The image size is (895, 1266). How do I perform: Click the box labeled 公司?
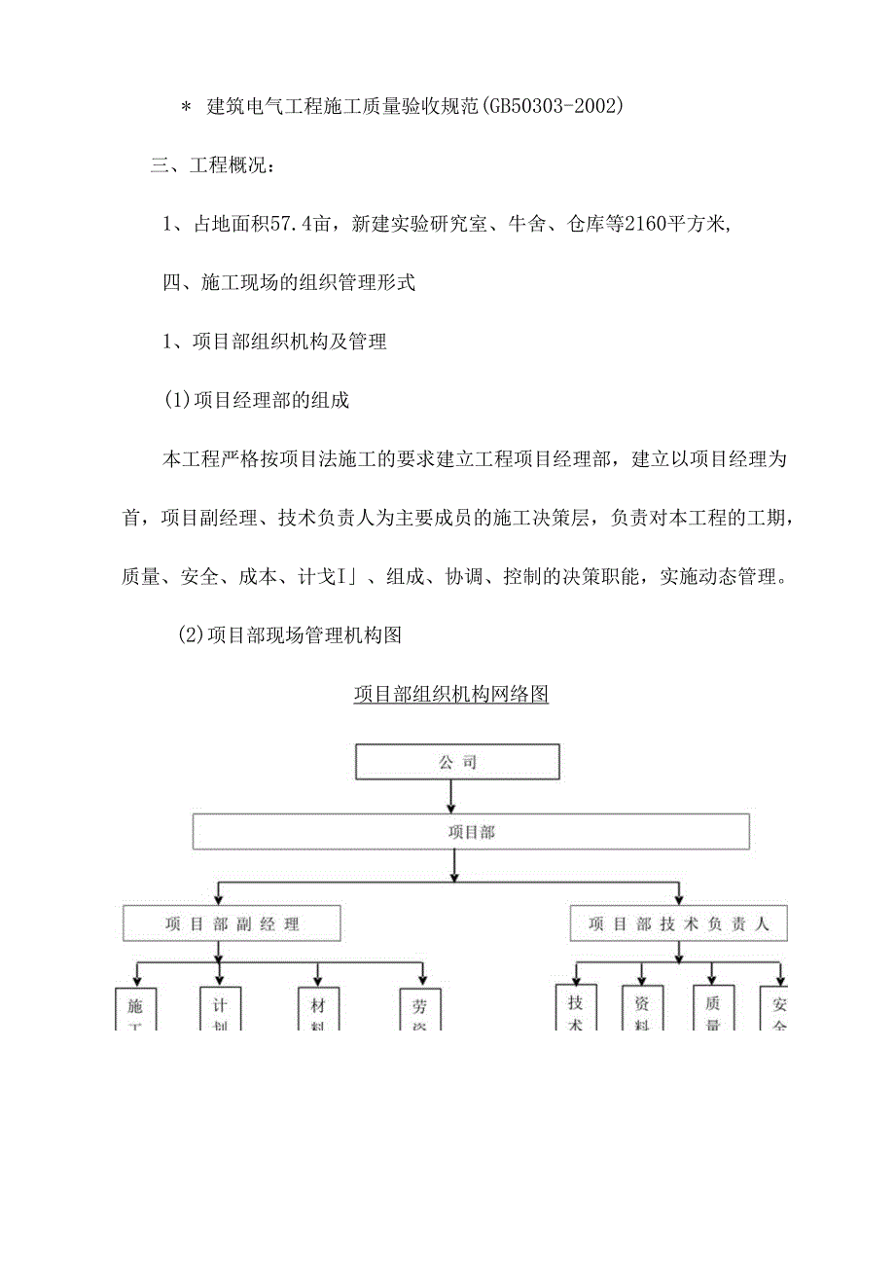coord(457,762)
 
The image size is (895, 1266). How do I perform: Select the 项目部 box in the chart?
coord(471,832)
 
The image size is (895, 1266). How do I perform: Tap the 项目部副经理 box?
coord(232,923)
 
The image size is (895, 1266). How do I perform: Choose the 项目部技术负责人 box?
coord(678,923)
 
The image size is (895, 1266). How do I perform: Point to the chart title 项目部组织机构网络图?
coord(451,695)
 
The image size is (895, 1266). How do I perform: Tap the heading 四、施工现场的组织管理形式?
coord(289,283)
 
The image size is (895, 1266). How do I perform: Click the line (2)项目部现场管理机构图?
coord(290,635)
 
